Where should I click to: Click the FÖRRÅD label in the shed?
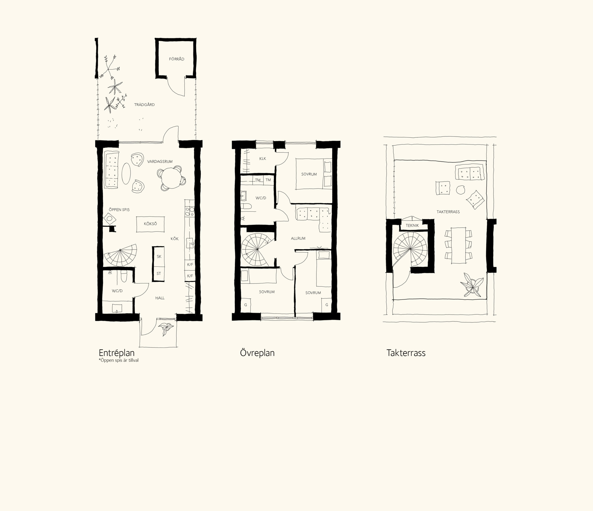(177, 59)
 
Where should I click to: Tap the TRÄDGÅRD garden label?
(145, 105)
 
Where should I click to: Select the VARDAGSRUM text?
(160, 162)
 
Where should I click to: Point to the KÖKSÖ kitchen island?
(150, 224)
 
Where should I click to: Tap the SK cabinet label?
(159, 256)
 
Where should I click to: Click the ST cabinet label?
(159, 273)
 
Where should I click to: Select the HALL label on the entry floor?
(160, 298)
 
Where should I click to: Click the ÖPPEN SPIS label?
(119, 210)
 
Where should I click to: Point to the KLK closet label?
(262, 159)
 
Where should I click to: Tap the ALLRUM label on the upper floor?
(298, 238)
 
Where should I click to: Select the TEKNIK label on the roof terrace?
(412, 225)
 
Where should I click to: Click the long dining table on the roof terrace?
(458, 245)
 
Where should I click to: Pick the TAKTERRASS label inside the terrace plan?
(448, 212)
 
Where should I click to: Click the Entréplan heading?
(117, 353)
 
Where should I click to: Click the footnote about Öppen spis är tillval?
(119, 360)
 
